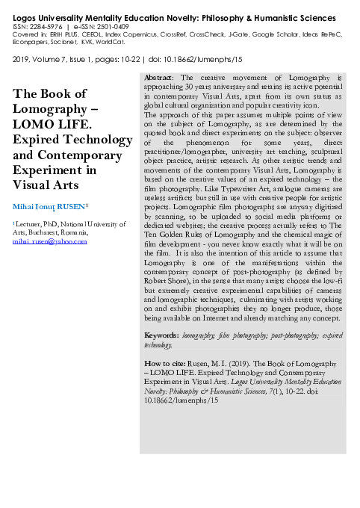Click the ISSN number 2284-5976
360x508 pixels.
[x=43, y=25]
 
